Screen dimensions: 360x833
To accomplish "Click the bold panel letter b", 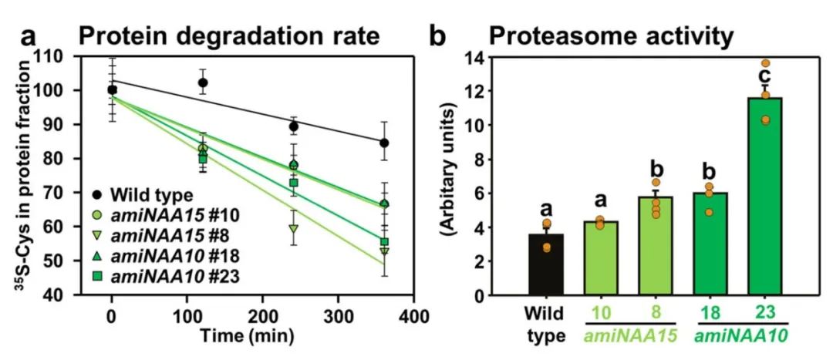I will click(437, 35).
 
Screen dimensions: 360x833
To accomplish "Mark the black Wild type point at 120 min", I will click(203, 82).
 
